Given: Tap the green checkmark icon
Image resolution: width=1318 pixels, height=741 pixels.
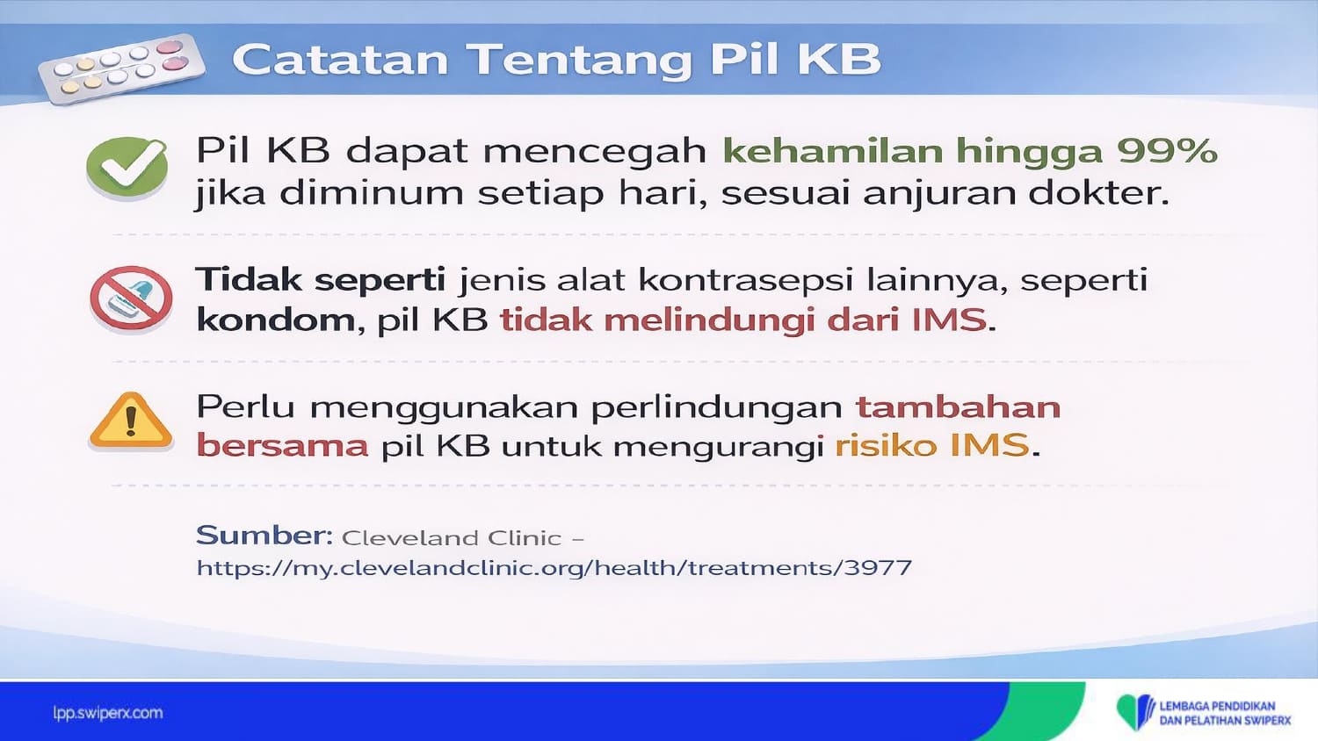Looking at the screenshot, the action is (127, 168).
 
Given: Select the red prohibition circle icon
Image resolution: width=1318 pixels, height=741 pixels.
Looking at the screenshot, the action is (131, 299).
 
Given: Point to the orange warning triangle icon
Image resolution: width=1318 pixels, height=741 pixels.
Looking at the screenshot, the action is (131, 421).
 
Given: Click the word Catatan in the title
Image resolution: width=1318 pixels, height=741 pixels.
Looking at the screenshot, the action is (341, 60).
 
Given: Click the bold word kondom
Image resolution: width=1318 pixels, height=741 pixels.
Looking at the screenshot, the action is (276, 320).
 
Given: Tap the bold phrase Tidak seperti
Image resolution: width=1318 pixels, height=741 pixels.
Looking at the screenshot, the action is (321, 279).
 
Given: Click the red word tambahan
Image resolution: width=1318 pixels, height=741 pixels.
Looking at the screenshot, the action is (959, 406).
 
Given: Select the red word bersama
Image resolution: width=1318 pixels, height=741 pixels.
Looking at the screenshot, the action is (282, 445).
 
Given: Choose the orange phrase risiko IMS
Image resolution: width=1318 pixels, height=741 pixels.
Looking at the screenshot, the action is (932, 445).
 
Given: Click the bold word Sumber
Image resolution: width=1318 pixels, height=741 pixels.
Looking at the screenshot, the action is (264, 536).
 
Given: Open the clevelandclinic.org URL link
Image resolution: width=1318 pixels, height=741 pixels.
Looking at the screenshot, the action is (554, 568).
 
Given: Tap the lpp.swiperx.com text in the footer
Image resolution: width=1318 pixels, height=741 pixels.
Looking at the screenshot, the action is (108, 714).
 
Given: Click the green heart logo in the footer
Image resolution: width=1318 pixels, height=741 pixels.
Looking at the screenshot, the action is (1135, 712).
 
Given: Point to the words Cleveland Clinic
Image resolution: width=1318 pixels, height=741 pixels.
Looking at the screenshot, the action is (452, 538).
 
